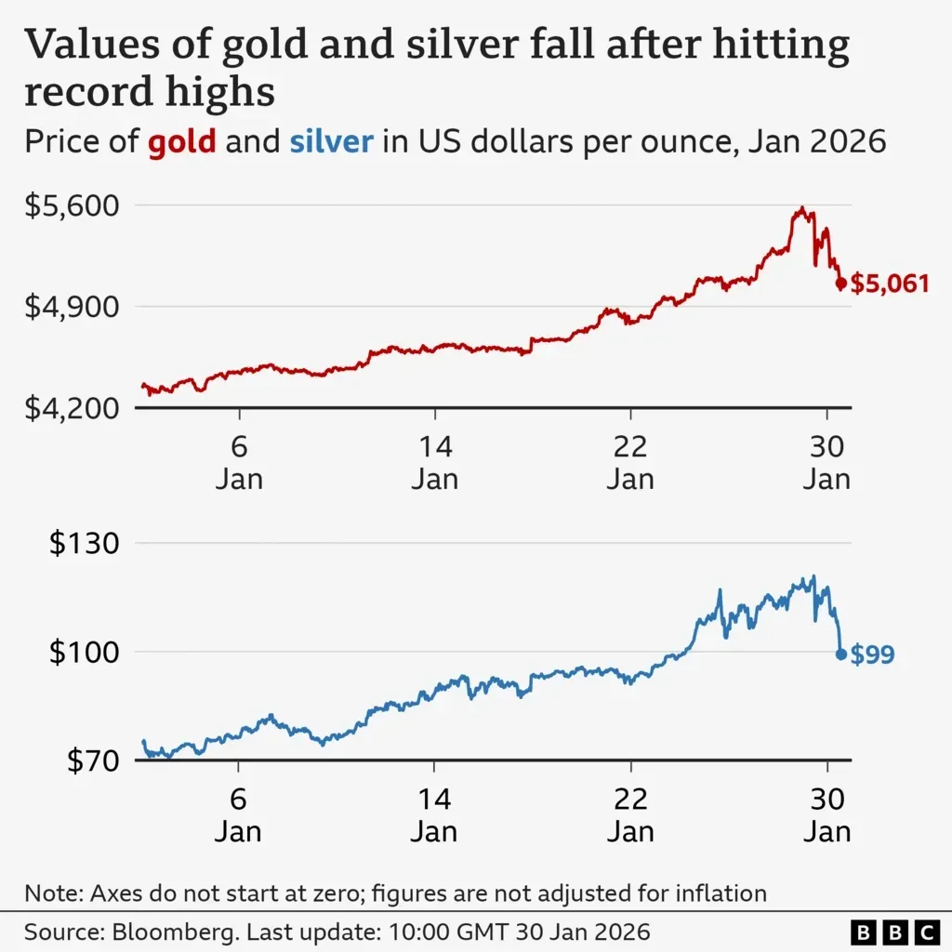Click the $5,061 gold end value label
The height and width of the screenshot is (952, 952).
click(x=890, y=283)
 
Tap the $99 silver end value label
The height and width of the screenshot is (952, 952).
click(x=872, y=654)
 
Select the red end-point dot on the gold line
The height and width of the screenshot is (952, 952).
click(x=841, y=284)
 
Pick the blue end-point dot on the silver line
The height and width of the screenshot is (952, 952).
click(x=841, y=654)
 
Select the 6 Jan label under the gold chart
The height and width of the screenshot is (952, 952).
click(x=239, y=462)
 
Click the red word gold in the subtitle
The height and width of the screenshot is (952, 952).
click(x=182, y=142)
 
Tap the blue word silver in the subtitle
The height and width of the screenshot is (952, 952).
click(x=332, y=142)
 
